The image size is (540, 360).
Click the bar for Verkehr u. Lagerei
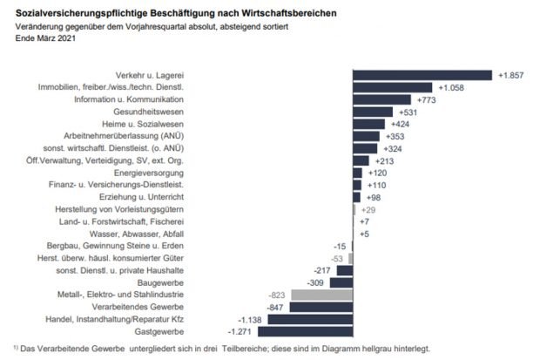(x=422, y=75)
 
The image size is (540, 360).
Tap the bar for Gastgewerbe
(x=310, y=331)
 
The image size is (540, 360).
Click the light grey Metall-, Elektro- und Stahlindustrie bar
(x=321, y=295)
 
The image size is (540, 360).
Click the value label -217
(x=323, y=270)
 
